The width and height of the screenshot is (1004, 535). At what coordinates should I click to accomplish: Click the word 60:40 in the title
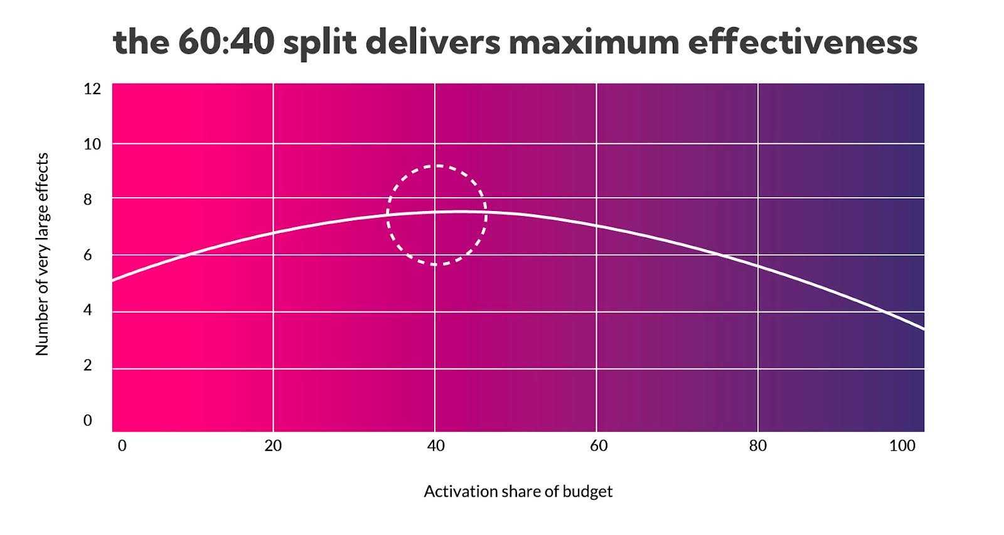coord(226,42)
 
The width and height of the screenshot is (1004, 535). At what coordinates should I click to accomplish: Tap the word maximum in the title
coord(594,42)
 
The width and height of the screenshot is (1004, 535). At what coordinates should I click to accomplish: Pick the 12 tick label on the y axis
coord(92,89)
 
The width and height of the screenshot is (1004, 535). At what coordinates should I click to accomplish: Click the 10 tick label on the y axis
coord(92,144)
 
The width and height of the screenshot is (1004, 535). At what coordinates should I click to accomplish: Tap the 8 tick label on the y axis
coord(88,200)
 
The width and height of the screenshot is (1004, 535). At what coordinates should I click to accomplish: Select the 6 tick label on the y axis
coord(88,255)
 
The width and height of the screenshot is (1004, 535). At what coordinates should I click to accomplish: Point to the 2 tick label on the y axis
coord(88,365)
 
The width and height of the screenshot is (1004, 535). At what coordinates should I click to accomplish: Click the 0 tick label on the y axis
coord(88,420)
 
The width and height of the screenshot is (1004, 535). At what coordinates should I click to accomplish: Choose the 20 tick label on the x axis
coord(273,446)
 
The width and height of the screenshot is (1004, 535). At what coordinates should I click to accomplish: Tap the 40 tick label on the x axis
coord(435,446)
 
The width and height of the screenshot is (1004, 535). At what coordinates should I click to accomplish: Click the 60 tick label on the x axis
coord(599,446)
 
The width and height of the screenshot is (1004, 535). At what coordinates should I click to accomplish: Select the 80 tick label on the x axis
coord(757,446)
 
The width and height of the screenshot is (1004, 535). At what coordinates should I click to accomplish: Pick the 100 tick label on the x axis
coord(902,446)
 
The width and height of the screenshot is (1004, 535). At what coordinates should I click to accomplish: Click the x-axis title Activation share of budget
coord(518,492)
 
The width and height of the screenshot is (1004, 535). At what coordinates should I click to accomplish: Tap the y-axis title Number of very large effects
coord(42,254)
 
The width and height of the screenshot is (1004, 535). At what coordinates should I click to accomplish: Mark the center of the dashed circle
coord(437,215)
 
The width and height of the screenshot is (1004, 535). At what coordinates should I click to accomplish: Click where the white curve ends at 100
coord(924,330)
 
